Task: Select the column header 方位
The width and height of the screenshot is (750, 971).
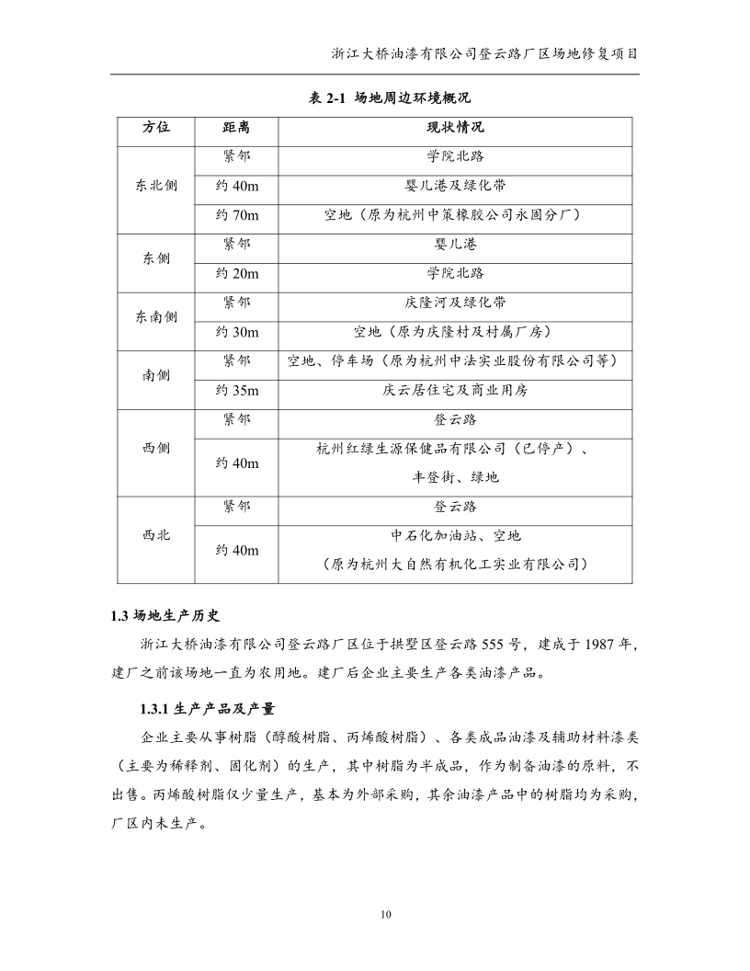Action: (x=156, y=127)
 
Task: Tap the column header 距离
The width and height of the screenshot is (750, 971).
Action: (x=236, y=127)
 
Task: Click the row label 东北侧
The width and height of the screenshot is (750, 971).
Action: (x=156, y=186)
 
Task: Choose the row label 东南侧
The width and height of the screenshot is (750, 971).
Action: (x=156, y=316)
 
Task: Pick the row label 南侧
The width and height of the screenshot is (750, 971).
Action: (x=156, y=375)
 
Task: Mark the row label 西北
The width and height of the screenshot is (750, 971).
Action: (x=156, y=534)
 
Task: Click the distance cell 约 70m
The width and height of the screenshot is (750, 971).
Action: (x=237, y=215)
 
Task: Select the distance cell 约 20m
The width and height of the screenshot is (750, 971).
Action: (x=237, y=274)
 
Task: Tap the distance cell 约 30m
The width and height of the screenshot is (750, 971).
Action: (x=237, y=332)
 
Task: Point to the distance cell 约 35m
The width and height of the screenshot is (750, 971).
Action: (x=237, y=391)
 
